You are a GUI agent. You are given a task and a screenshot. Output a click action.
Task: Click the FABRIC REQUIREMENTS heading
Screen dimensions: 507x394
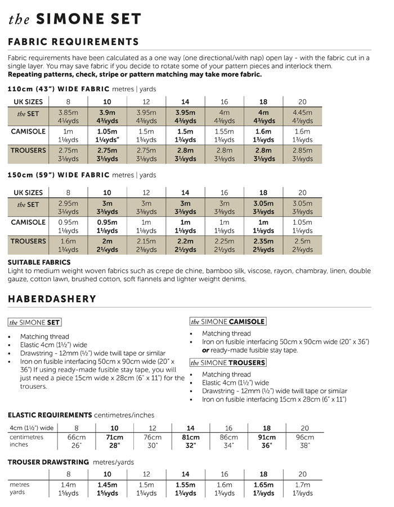coord(73,42)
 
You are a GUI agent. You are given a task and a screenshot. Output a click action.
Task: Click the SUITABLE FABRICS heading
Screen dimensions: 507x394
coord(39,262)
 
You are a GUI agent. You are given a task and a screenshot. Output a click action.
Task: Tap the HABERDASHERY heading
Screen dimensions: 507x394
coord(52,299)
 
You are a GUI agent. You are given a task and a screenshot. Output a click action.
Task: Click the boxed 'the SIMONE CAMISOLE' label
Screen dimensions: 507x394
coord(227,322)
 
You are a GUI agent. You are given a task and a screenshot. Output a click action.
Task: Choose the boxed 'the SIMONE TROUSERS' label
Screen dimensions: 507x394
coord(227,362)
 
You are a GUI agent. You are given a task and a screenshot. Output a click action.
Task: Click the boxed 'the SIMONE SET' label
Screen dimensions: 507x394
coord(35,322)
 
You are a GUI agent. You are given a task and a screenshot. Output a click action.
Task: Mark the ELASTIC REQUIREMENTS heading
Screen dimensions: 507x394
coord(50,415)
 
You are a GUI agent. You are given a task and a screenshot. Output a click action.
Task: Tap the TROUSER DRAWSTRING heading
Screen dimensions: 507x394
coord(48,462)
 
